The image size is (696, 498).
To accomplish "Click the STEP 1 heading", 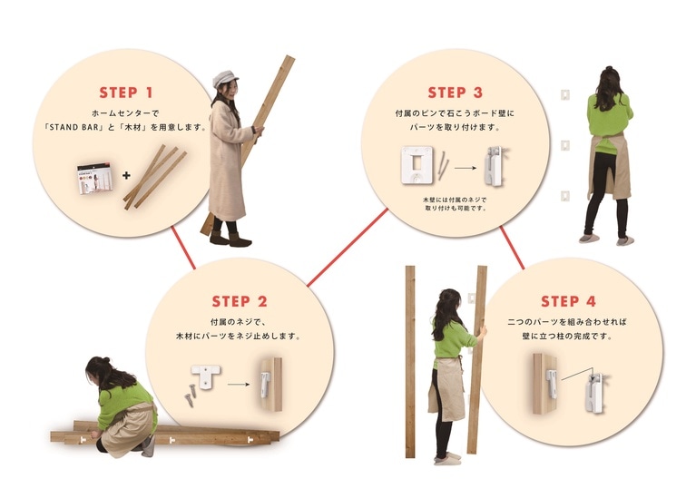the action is click(126, 93).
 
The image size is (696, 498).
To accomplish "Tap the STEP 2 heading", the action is click(240, 301).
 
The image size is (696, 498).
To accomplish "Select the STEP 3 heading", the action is click(455, 93).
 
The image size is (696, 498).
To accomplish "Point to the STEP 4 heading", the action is click(568, 301).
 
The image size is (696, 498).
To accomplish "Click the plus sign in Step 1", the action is click(126, 175).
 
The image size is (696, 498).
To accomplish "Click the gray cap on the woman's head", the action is click(225, 79).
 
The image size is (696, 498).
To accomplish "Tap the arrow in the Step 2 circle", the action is click(239, 384).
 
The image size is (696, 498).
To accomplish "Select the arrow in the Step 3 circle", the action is click(465, 168).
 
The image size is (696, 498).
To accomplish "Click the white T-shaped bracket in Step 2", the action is click(206, 376).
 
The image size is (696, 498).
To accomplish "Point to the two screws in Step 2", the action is click(191, 395).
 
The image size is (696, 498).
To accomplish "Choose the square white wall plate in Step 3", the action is click(417, 165).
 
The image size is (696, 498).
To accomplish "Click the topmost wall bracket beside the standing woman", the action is click(564, 94).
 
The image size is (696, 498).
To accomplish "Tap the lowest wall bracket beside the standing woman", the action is click(564, 195).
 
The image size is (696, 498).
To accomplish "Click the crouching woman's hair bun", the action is click(104, 359).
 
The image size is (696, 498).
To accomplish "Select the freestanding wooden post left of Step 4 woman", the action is click(410, 362).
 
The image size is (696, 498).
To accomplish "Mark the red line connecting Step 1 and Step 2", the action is click(183, 248).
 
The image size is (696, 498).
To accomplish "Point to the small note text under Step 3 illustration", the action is click(455, 204).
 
